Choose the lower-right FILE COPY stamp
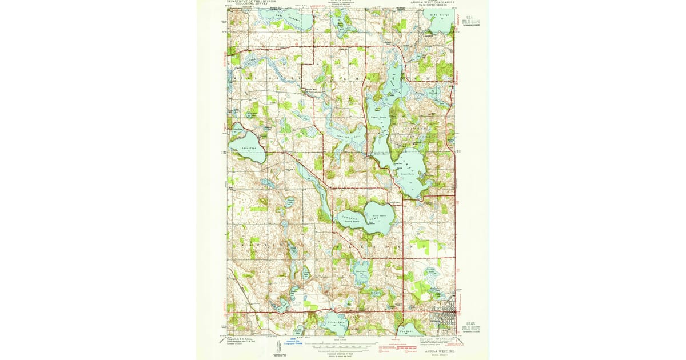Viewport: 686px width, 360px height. coord(472,324)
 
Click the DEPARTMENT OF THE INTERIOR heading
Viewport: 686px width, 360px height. coord(252,2)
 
